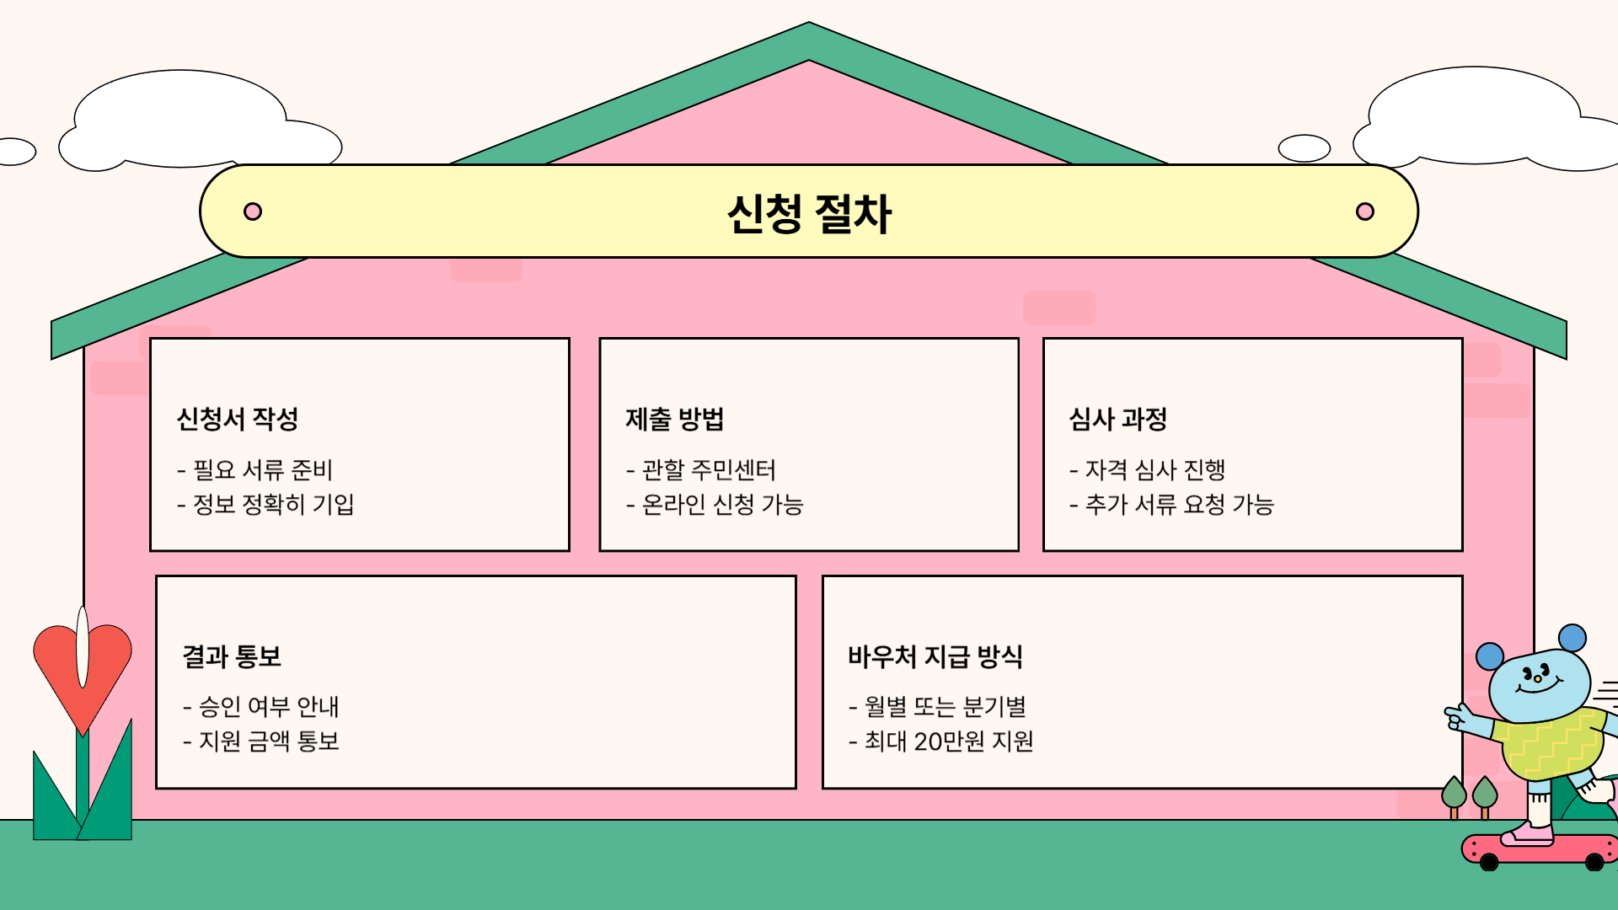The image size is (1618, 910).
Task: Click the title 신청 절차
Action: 809,214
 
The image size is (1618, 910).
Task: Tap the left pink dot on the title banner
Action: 253,211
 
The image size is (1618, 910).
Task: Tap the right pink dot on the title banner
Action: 1365,211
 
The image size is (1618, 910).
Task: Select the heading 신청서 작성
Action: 238,419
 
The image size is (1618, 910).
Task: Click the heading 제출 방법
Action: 674,419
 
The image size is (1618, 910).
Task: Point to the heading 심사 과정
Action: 1118,419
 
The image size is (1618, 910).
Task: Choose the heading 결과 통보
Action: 232,656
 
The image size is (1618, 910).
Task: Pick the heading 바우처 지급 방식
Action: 935,656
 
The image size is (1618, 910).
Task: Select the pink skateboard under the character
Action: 1539,848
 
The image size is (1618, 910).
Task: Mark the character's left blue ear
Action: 1490,656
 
